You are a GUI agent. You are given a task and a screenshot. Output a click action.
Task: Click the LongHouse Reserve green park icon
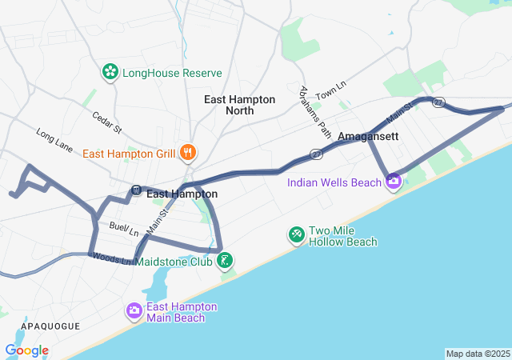point(110,73)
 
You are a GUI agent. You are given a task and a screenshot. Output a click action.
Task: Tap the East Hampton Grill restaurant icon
point(188,152)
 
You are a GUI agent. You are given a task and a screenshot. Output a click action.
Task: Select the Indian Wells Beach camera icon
point(393,182)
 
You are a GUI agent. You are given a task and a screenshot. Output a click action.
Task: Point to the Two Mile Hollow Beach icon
point(296,233)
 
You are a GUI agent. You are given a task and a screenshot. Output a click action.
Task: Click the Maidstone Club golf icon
point(226,260)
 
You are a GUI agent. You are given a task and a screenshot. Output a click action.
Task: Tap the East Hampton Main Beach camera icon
point(134,310)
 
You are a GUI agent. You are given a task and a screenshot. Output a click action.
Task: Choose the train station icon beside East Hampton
point(136,190)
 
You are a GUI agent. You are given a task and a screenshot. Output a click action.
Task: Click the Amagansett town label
point(362,137)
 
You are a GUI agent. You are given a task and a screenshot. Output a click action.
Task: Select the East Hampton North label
point(239,105)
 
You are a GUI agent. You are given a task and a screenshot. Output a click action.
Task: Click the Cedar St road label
point(106,122)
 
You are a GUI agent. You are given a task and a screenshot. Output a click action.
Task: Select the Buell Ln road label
point(125,229)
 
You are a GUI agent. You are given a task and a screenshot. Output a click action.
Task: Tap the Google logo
point(26,350)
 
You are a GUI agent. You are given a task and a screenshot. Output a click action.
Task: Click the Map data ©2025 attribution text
point(478,354)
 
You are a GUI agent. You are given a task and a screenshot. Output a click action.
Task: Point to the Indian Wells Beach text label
point(334,182)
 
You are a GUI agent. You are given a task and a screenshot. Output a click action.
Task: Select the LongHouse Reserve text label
point(172,73)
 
